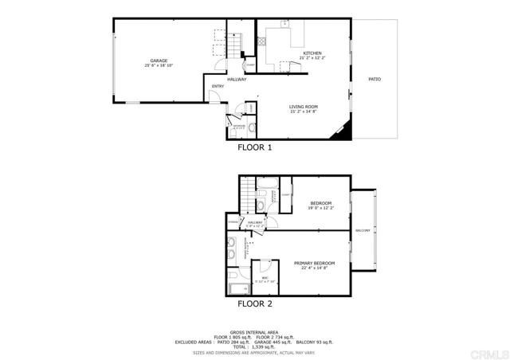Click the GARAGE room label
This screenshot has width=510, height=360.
[x=159, y=61]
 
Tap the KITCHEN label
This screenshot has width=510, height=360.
[x=312, y=53]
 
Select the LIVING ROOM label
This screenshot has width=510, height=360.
[x=304, y=106]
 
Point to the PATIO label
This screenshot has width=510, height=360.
[x=374, y=79]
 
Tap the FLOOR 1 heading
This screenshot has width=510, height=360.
[x=255, y=147]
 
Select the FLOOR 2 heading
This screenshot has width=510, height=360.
[x=255, y=304]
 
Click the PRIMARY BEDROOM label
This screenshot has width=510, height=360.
[x=313, y=263]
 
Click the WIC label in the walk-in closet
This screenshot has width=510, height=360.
[x=264, y=277]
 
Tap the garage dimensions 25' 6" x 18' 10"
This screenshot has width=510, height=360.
[x=159, y=66]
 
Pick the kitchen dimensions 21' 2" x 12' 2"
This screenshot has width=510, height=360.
[x=312, y=58]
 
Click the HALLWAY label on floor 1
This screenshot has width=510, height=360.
[x=237, y=80]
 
